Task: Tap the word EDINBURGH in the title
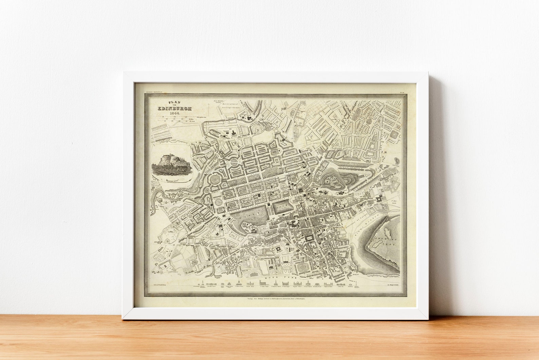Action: click(174, 108)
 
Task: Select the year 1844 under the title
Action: click(174, 113)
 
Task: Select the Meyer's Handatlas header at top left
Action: click(154, 91)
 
